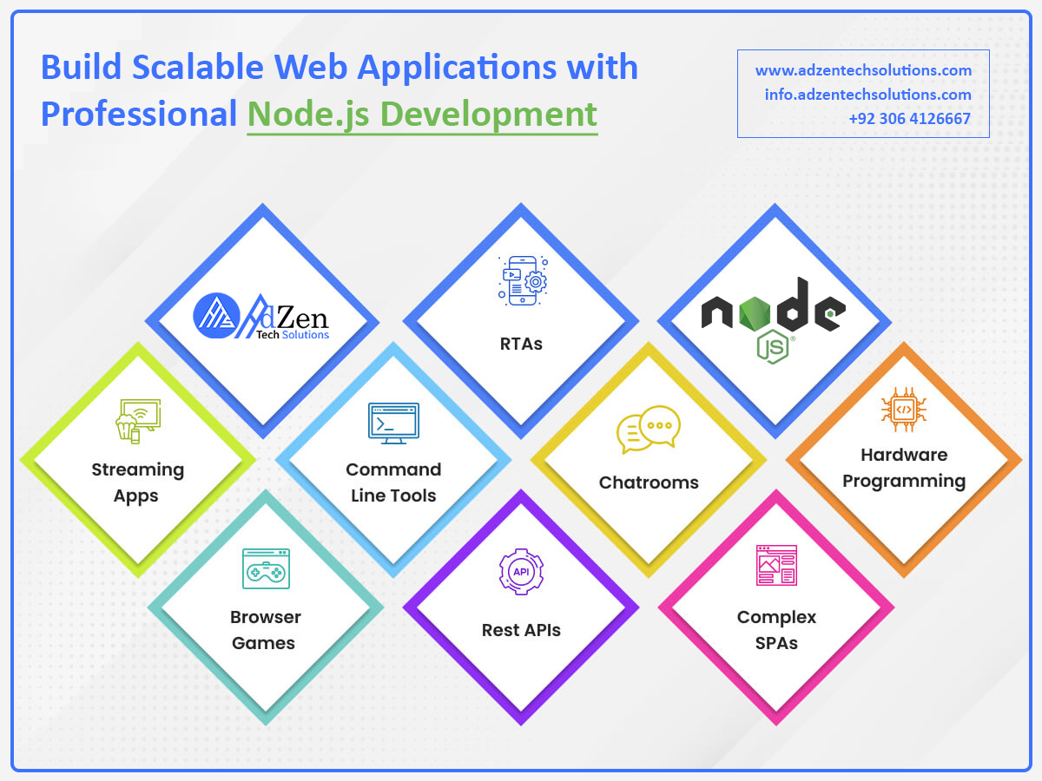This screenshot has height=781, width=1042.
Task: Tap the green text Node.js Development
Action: [422, 114]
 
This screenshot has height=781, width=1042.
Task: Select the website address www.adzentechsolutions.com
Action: [863, 70]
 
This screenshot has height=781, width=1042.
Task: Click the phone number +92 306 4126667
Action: [910, 119]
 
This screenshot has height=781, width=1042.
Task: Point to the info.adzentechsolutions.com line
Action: [867, 95]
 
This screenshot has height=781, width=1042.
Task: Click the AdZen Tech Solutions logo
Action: [261, 318]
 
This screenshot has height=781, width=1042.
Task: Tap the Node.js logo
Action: [773, 318]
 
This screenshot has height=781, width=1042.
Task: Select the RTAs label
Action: [521, 344]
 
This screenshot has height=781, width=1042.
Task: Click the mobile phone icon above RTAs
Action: [522, 281]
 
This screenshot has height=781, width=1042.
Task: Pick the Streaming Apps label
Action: [137, 482]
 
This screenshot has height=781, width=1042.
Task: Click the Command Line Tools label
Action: [393, 482]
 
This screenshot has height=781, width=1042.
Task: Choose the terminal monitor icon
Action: [393, 423]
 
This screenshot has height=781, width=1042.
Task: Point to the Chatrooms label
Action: [649, 482]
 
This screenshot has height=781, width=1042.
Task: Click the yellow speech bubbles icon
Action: [648, 430]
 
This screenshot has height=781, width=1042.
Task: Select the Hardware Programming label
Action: [904, 468]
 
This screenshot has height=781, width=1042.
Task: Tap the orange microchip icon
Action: [903, 409]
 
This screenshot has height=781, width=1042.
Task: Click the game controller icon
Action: [266, 569]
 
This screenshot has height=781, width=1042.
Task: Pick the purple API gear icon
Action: [521, 571]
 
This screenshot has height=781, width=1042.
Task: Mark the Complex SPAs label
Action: [776, 630]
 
